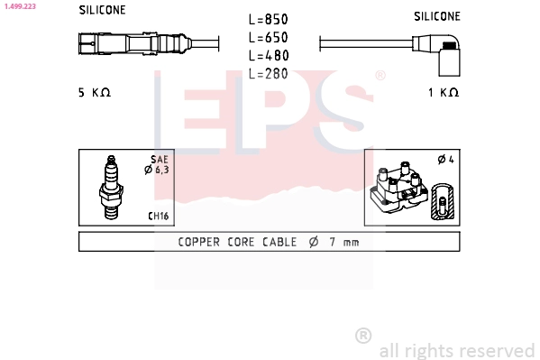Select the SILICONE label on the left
point(102,10)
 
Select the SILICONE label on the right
point(437,16)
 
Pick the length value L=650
point(268,38)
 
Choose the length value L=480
point(268,56)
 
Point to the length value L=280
point(268,74)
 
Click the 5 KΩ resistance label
point(94,92)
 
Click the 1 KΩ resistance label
point(444,92)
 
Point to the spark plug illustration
point(113,187)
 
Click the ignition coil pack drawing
point(399,188)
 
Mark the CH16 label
point(158,217)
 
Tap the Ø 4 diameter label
point(444,160)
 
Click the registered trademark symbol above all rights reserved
point(363,336)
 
